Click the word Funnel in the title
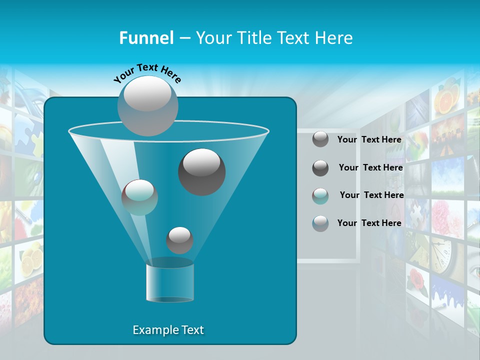146,38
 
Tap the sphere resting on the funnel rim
148,105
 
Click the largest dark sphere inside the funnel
202,171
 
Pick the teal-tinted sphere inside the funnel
139,197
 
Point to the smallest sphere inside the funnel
179,240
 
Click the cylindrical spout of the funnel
169,282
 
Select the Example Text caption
168,330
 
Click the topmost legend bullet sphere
320,139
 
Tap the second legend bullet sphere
320,168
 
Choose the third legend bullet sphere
320,196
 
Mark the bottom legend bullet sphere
320,223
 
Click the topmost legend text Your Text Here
369,139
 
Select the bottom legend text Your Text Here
369,223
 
